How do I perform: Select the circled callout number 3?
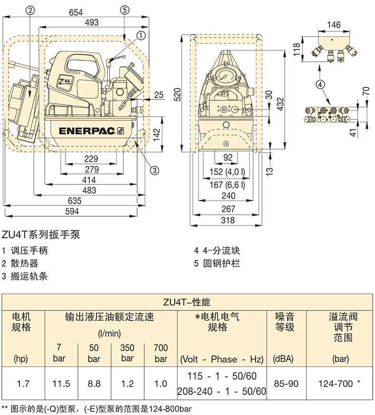pos(154,170)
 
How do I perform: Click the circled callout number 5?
pos(124,9)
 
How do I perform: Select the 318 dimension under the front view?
pos(228,220)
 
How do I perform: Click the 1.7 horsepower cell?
pos(23,383)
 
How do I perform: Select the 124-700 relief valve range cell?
pos(339,383)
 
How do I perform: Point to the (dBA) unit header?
pos(287,359)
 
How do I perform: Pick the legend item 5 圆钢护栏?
pos(217,263)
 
